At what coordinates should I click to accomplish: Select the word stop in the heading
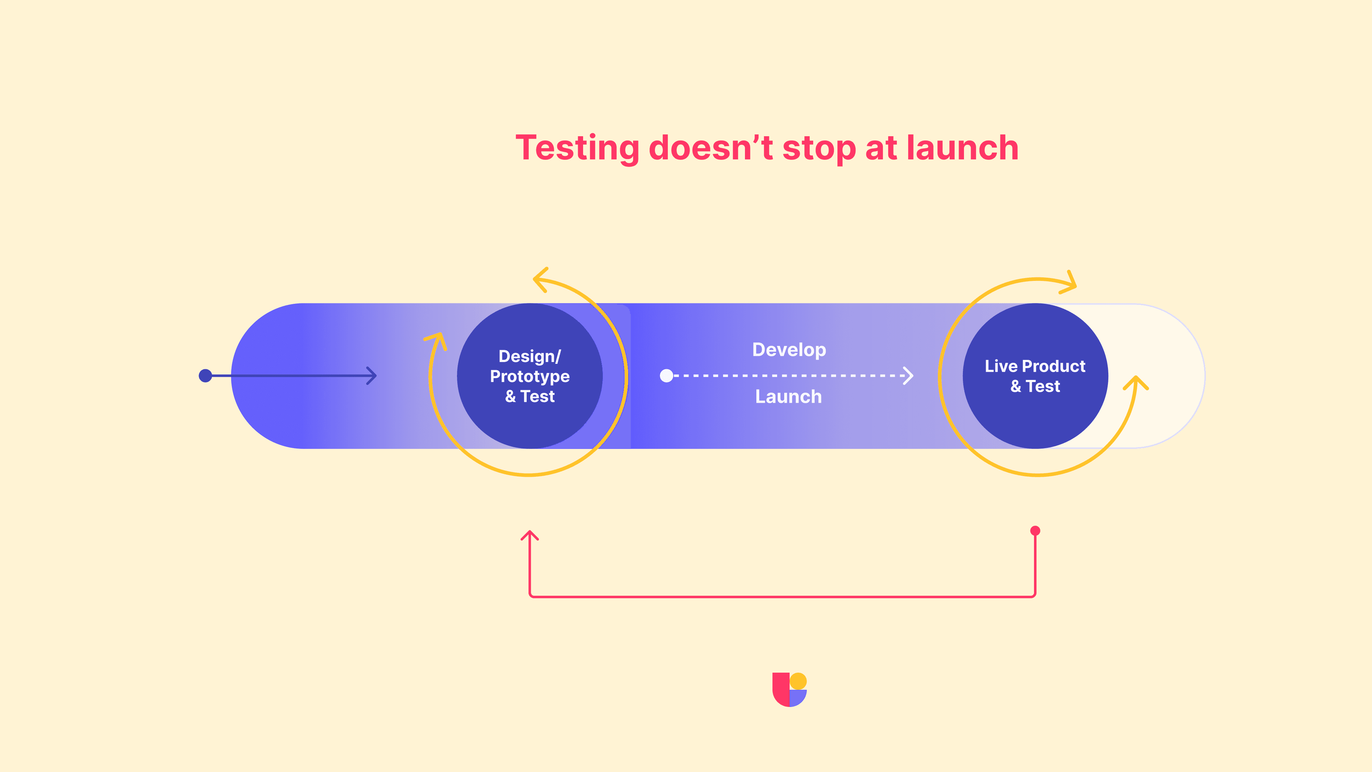point(819,149)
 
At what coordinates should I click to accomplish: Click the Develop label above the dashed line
point(789,350)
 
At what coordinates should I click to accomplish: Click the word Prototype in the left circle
point(530,377)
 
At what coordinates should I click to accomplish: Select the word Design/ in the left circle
point(530,356)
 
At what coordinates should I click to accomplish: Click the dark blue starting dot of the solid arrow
point(205,376)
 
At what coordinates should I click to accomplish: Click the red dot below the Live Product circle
point(1035,531)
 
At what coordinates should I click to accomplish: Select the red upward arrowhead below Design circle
point(530,535)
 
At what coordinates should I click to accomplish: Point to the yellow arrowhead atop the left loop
point(540,279)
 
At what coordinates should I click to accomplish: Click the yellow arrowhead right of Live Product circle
point(1136,382)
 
